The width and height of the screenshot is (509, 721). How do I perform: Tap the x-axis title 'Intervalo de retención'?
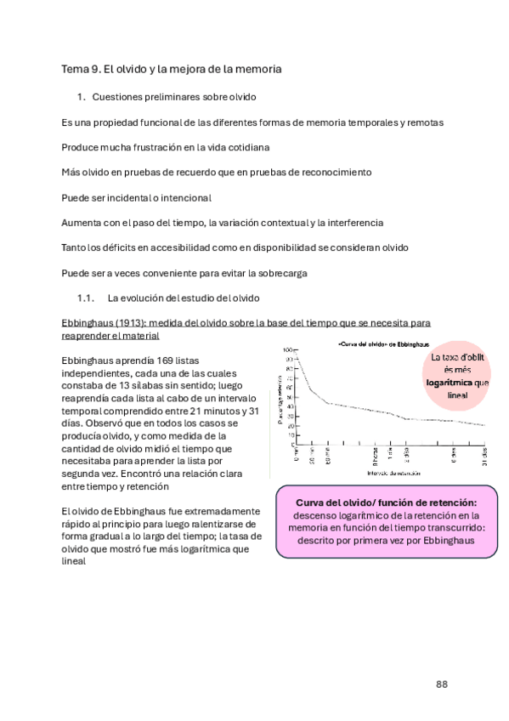click(x=388, y=473)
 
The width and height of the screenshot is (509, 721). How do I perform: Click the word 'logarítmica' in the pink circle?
click(x=450, y=383)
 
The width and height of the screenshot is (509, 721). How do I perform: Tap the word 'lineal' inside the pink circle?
click(x=457, y=395)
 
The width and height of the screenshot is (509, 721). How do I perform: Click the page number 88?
click(x=442, y=684)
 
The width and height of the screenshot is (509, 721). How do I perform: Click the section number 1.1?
click(x=84, y=298)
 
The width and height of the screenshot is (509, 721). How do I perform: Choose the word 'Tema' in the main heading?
click(x=73, y=68)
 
